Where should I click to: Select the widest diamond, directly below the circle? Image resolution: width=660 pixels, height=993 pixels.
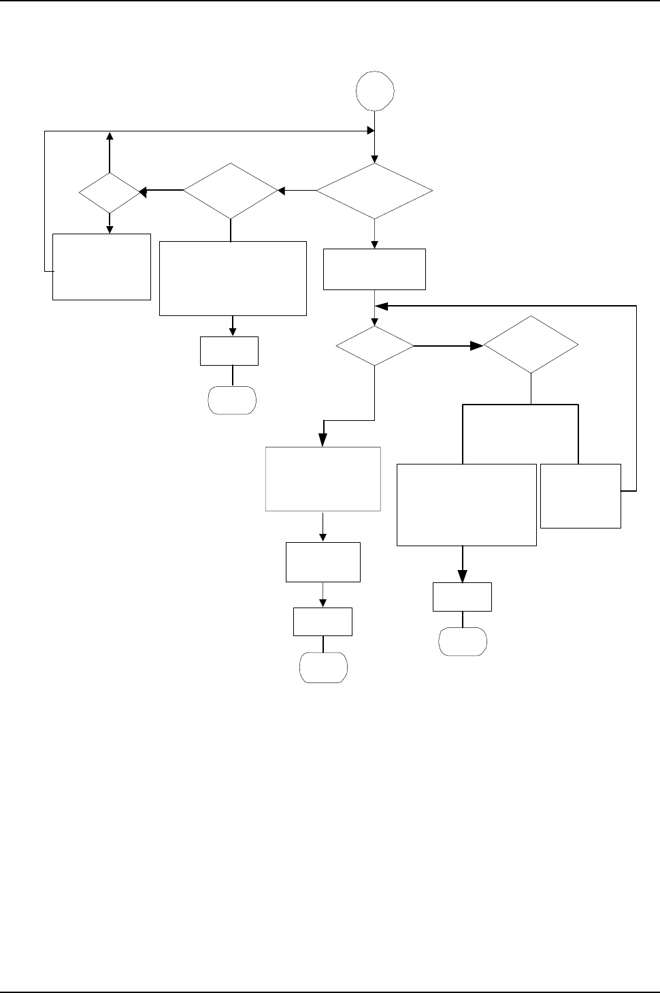[x=374, y=191]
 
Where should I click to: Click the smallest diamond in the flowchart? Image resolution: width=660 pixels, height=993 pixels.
[x=109, y=193]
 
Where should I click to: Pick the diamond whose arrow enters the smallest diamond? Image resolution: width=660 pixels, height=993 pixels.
[x=231, y=191]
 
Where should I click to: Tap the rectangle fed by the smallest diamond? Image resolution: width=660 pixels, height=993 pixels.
[x=101, y=266]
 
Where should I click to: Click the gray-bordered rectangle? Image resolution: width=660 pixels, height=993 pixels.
[x=323, y=479]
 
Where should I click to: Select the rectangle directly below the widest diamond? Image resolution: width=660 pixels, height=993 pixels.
[x=374, y=270]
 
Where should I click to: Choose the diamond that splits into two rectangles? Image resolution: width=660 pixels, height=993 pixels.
[x=531, y=345]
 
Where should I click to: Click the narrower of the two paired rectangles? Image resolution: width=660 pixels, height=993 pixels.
[x=580, y=496]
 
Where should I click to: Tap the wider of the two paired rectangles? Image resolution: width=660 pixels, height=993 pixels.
[x=466, y=505]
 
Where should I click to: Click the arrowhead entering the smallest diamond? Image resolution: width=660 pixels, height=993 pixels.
[x=144, y=193]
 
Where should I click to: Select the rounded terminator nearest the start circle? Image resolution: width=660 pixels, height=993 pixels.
[x=232, y=400]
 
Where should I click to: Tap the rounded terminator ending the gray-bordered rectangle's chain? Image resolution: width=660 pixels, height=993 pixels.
[x=324, y=667]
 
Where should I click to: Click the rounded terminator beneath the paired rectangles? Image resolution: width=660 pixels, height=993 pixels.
[x=463, y=642]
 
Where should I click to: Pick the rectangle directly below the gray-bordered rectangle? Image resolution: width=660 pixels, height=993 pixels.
[x=323, y=562]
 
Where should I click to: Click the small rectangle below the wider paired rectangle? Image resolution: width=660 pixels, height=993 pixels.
[x=462, y=597]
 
